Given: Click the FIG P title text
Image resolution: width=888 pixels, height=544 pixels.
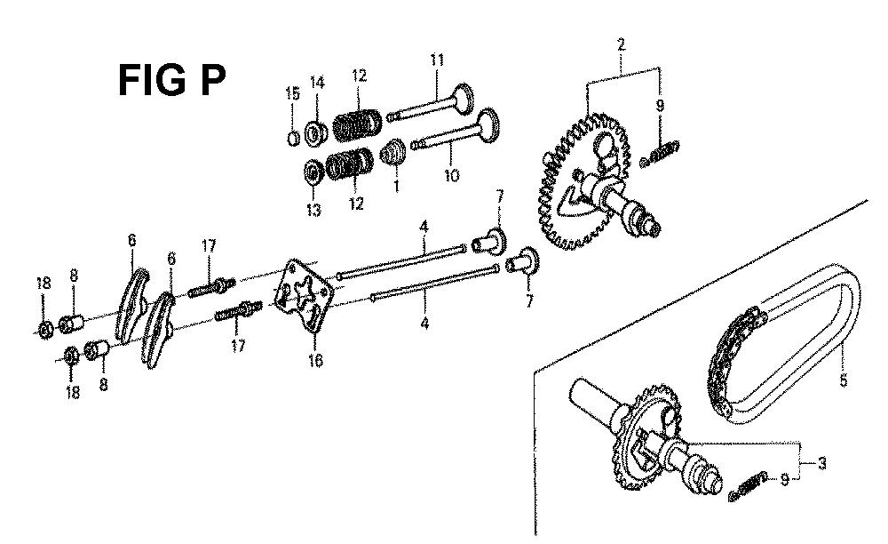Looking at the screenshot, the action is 171,81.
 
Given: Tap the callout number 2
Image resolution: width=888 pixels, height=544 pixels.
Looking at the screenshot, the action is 622,44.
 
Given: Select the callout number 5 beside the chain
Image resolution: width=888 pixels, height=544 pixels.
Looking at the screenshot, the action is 844,380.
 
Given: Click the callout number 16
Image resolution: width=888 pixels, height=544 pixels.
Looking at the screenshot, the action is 315,360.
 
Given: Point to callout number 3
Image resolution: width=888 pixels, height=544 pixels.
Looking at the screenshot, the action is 821,463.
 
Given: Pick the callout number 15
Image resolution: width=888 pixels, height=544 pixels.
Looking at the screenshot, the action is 292,93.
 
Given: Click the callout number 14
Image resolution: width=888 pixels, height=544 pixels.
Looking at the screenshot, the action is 317,83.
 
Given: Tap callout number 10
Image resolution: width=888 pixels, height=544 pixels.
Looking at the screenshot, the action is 451,176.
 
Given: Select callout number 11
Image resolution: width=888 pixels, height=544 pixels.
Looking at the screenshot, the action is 437,60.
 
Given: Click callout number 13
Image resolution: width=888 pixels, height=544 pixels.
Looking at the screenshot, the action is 313,211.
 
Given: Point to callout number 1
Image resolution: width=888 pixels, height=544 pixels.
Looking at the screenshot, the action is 396,185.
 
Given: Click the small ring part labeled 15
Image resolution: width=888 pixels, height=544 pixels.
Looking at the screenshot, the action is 293,138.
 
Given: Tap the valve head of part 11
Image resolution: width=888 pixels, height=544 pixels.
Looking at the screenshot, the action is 464,98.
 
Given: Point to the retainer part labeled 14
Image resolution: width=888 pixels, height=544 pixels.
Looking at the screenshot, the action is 316,133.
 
